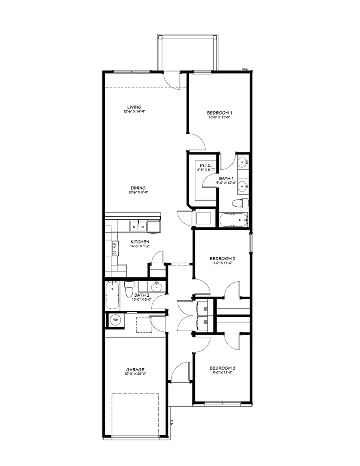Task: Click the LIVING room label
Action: point(134,107)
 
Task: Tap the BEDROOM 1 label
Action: point(219,113)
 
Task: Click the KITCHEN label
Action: point(140,242)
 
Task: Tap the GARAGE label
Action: point(135,370)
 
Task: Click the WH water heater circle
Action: point(116,320)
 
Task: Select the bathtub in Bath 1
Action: point(234,219)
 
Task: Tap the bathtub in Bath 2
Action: point(112,295)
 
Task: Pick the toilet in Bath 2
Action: point(129,290)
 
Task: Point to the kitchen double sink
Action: point(138,226)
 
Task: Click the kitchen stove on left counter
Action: point(114,249)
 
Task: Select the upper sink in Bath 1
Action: point(243,162)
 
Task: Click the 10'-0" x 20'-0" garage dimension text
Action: point(135,374)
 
